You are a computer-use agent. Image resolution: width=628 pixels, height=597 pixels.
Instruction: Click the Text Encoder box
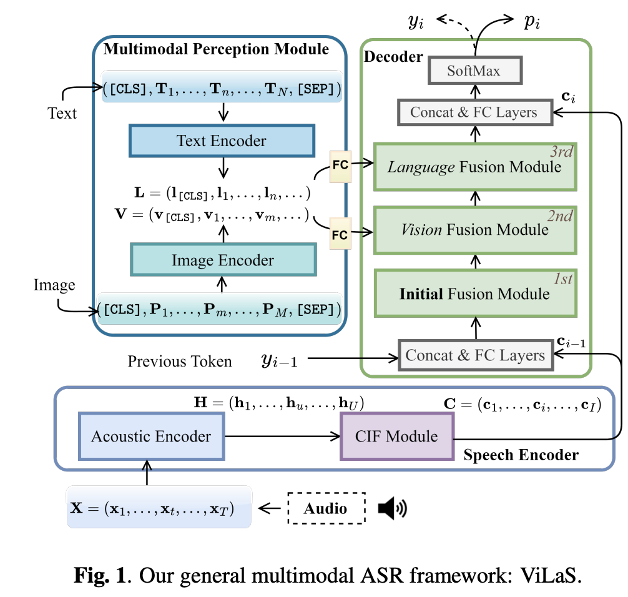click(x=222, y=141)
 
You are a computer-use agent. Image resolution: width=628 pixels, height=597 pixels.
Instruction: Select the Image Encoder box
click(x=223, y=260)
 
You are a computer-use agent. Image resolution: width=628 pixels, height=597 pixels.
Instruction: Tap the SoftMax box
click(x=475, y=71)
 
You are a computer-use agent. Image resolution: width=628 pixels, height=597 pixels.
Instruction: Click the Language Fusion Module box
click(x=475, y=167)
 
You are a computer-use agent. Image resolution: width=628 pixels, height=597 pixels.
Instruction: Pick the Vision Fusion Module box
click(x=475, y=230)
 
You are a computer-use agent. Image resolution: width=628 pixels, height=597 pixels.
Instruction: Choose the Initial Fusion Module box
click(x=476, y=294)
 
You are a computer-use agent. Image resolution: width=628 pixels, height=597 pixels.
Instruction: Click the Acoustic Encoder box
click(x=152, y=437)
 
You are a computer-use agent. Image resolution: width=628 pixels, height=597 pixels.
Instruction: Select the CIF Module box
click(x=397, y=437)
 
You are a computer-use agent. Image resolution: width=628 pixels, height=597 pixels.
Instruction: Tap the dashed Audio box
click(x=326, y=508)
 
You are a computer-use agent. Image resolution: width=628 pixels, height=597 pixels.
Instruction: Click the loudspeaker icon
click(x=392, y=508)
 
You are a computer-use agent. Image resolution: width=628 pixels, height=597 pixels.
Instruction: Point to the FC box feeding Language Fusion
click(x=340, y=166)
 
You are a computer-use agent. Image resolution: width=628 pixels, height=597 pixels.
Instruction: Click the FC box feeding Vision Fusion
click(x=340, y=234)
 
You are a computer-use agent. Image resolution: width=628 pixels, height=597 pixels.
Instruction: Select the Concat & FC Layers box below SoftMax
click(x=475, y=112)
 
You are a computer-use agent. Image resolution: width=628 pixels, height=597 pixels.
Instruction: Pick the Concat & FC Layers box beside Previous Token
click(x=476, y=355)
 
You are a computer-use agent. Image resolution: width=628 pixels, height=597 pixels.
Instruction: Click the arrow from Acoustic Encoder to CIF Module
click(x=282, y=437)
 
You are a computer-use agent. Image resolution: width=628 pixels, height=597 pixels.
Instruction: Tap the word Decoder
click(x=393, y=57)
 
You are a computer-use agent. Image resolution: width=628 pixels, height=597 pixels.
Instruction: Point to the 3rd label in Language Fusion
click(x=561, y=152)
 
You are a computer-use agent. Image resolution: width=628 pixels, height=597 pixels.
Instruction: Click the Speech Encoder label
click(x=521, y=455)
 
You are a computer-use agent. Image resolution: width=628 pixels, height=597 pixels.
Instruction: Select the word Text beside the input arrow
click(x=62, y=114)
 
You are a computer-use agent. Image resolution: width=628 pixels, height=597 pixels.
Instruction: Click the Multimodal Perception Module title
click(x=216, y=49)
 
